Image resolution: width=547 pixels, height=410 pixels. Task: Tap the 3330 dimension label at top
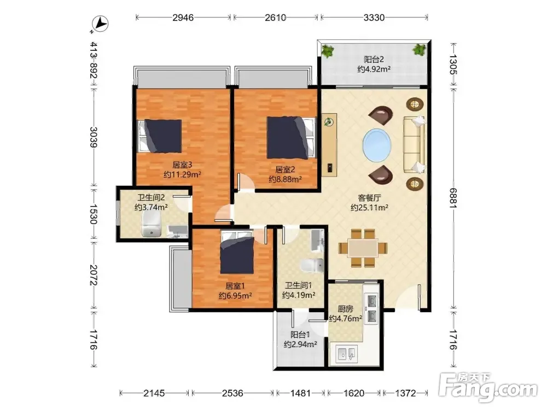374,17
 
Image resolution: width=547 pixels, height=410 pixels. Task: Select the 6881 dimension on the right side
453,198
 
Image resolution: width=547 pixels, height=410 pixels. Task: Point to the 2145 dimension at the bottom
154,393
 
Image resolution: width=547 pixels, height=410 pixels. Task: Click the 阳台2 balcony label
374,59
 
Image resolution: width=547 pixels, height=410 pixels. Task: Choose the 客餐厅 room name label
369,198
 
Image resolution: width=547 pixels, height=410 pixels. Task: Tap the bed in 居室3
160,136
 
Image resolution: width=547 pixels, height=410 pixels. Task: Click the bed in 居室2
292,137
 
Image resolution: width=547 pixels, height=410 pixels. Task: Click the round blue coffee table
377,145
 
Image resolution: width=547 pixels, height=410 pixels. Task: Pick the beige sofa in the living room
415,144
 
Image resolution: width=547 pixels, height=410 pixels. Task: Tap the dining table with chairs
363,248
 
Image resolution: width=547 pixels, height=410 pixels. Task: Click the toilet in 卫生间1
312,266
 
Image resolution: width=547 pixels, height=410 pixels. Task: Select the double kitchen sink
347,354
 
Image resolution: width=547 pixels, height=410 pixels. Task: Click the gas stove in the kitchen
371,308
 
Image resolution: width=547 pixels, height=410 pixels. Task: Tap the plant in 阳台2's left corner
327,51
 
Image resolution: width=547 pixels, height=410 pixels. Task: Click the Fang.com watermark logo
488,387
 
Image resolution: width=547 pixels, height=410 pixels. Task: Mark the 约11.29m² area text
182,174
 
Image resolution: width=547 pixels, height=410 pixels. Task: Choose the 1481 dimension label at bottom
300,393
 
